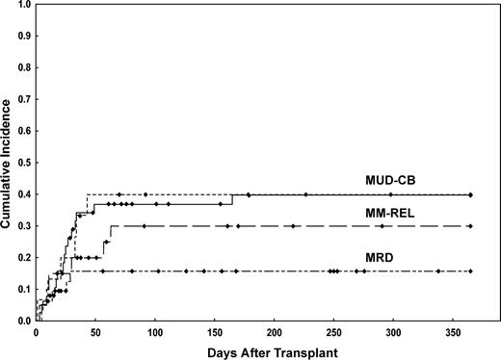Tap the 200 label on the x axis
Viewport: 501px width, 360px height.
[275, 332]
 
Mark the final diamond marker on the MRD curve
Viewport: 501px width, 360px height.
[470, 271]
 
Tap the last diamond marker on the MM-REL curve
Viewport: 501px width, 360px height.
[470, 226]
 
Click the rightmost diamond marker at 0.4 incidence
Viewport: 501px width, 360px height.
[470, 194]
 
